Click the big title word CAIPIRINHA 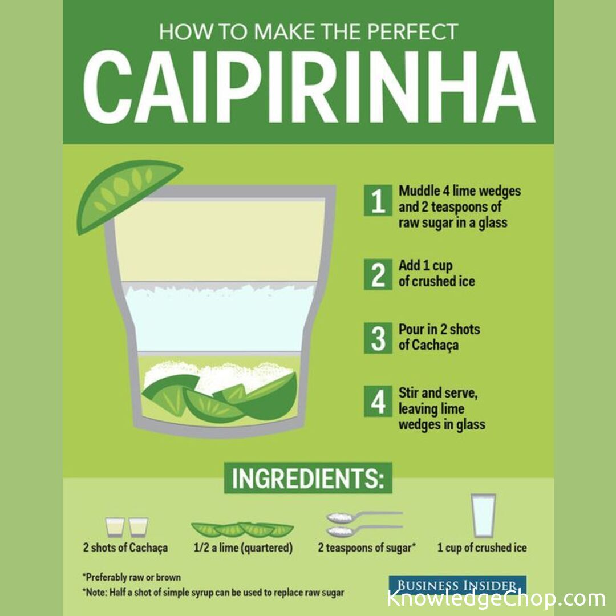[x=309, y=86]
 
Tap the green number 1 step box [x=378, y=200]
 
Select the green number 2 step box [x=378, y=274]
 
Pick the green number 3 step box [x=378, y=338]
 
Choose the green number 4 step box [x=378, y=401]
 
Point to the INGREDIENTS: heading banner [x=308, y=478]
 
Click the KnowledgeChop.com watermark [x=496, y=599]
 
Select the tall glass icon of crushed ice [x=483, y=516]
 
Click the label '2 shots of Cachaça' [x=125, y=548]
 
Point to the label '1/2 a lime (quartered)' [x=243, y=548]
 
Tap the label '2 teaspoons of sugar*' [x=367, y=548]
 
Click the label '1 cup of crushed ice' [x=482, y=548]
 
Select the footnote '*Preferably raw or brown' [x=132, y=577]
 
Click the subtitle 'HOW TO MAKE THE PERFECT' [x=309, y=32]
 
